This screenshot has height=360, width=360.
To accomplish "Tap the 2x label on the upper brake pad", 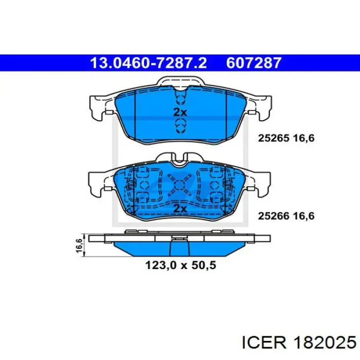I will (179, 113).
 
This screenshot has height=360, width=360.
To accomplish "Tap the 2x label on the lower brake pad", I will (179, 208).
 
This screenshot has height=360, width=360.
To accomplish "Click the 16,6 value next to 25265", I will (303, 138).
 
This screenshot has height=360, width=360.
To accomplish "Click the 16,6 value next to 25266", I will (303, 217).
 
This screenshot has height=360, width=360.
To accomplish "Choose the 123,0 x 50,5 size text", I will (179, 266).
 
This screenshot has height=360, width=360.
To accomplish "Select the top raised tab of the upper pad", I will (179, 82).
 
